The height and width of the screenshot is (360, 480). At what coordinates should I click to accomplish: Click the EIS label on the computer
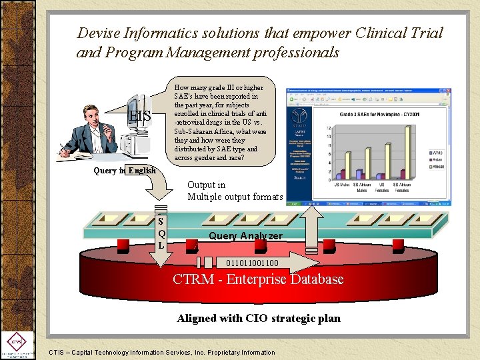[140, 117]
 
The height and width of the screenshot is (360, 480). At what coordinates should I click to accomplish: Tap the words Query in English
[125, 170]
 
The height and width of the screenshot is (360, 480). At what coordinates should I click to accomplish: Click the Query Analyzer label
[245, 236]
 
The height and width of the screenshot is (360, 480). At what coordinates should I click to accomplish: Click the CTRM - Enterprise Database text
[258, 279]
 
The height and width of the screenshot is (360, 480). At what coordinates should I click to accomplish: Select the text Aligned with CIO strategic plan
[258, 318]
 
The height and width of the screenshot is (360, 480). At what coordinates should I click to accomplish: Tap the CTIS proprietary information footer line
[162, 352]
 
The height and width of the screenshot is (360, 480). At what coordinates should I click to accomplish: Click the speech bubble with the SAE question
[219, 123]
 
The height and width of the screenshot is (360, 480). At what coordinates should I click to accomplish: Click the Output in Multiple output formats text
[235, 191]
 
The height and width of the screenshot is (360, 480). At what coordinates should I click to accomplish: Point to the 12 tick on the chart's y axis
[329, 128]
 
